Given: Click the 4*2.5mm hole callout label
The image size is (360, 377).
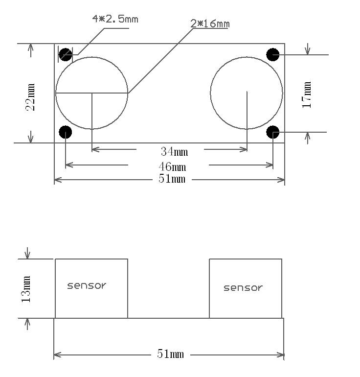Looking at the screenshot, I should point(115,19).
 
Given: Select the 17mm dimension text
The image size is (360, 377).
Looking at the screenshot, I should point(307,95).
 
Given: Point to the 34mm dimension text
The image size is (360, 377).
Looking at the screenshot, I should point(174,152).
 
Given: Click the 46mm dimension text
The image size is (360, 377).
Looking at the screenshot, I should point(172,167).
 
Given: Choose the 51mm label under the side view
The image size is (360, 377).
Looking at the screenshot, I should point(170,354).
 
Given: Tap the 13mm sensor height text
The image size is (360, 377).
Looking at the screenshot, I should point(26,289).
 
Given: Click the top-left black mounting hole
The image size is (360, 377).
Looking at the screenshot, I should point(66,54).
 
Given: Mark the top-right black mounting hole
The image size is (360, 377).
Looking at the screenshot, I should point(272,54).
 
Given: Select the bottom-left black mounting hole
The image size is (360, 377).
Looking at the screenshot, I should point(65,132).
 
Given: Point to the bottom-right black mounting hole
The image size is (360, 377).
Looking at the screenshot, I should point(272,132).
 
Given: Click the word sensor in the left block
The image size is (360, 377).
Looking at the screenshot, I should point(87,285).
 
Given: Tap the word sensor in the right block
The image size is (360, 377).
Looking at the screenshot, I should point(243,288).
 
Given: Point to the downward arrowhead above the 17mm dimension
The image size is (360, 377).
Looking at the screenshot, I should point(307,51).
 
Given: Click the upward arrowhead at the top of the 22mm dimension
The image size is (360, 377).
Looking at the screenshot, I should point(31,47).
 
